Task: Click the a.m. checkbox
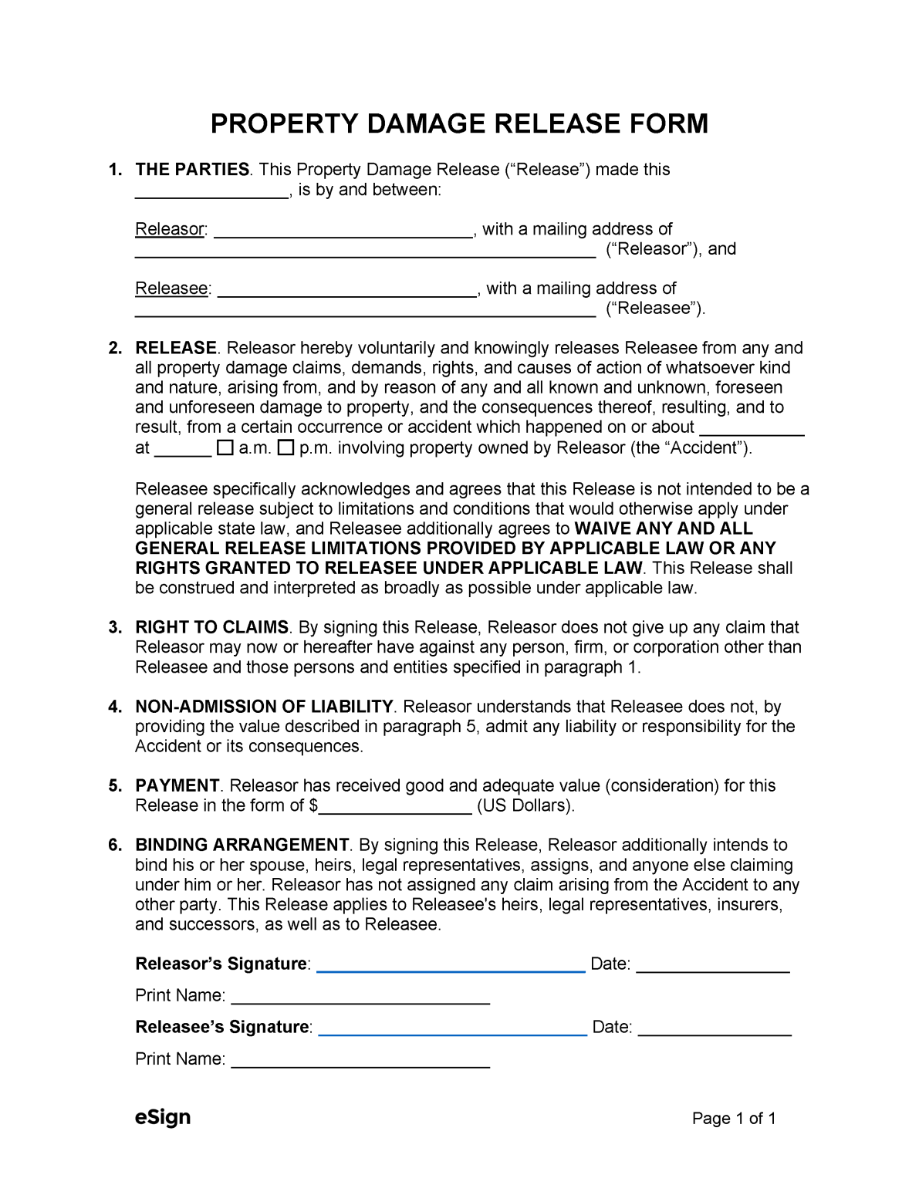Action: coord(225,447)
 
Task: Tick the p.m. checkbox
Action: coord(285,447)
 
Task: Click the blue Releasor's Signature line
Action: coord(451,966)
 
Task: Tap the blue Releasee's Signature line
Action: coord(452,1029)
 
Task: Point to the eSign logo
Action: coord(162,1117)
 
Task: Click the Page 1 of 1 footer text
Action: coord(733,1119)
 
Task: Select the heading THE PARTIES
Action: coord(192,170)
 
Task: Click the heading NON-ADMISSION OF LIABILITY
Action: coord(264,707)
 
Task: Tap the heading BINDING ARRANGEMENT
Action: coord(242,845)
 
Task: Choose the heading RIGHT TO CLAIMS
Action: coord(211,627)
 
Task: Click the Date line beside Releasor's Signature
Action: coord(712,966)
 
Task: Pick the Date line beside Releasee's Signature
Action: coord(715,1029)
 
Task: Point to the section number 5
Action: coord(115,786)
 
